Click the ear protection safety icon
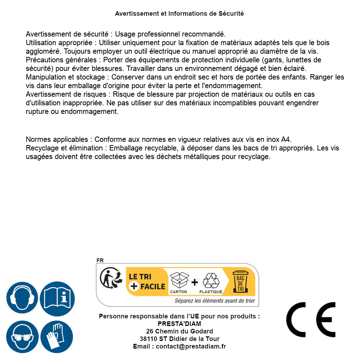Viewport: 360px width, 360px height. tap(22, 298)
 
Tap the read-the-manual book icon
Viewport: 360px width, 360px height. tap(57, 298)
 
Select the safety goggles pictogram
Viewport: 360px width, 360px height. tap(22, 337)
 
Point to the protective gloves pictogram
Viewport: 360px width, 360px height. tap(57, 337)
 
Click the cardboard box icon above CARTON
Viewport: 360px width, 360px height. tap(179, 280)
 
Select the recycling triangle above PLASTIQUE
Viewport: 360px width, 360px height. tap(211, 280)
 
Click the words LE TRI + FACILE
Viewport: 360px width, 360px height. tap(147, 282)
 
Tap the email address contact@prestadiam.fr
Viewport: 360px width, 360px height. tap(191, 346)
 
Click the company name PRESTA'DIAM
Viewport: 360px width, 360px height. tap(179, 324)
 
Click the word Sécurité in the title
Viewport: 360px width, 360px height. tap(231, 14)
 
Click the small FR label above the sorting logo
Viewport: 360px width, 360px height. tap(100, 260)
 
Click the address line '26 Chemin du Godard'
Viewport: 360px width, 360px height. tap(179, 331)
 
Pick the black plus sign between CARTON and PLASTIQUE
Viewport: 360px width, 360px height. tap(195, 282)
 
